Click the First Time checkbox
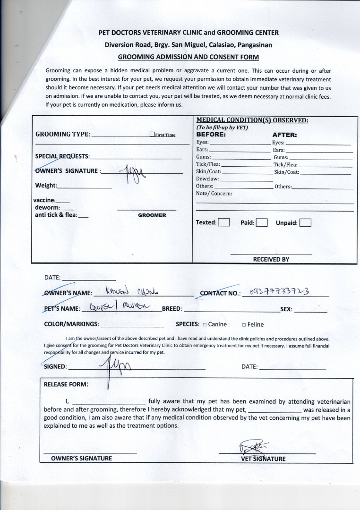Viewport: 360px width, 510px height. coord(152,134)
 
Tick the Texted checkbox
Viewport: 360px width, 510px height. coord(224,222)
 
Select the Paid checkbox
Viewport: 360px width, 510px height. coord(262,222)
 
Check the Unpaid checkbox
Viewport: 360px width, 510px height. coord(305,222)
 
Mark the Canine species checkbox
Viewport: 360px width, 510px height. coord(205,324)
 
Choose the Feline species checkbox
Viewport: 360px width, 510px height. coord(244,324)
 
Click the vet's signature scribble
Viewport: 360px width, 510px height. coord(254,446)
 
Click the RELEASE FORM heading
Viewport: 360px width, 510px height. coord(66,384)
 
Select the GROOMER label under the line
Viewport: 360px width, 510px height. coord(152,215)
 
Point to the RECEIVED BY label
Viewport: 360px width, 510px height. coord(271,259)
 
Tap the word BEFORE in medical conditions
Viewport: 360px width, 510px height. coord(211,134)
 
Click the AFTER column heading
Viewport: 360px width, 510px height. coord(284,135)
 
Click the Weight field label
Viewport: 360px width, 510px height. coord(46,186)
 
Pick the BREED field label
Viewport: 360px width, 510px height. coord(172,309)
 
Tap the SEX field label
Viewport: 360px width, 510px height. coord(286,310)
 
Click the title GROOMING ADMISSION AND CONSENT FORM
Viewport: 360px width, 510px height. coord(189,57)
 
